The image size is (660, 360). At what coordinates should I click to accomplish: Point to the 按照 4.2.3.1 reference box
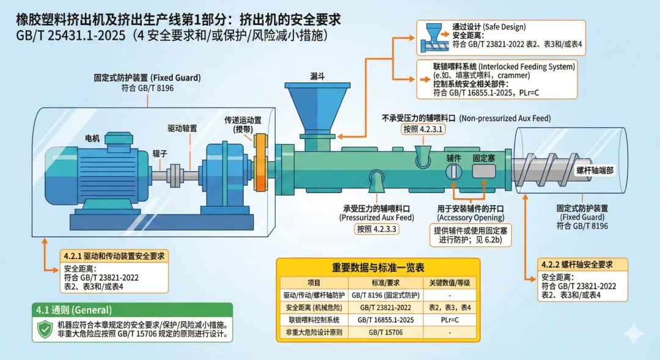[422, 130]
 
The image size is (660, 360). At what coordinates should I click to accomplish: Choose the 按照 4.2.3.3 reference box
[376, 229]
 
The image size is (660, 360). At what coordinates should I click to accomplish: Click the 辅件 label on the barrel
[453, 158]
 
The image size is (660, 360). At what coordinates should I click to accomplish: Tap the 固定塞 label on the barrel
[484, 158]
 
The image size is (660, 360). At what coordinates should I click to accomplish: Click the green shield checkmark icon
[45, 330]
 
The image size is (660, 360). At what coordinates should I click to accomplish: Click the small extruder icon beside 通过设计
[435, 37]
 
